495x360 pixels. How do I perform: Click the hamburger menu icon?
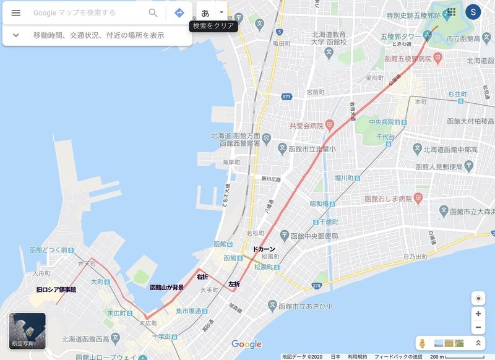[16, 13]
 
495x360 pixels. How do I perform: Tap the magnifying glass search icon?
[153, 13]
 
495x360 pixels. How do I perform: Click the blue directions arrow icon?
[179, 13]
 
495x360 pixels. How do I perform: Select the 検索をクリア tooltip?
[213, 27]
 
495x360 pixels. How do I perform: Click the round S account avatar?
[473, 12]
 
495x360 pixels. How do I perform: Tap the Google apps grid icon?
[450, 12]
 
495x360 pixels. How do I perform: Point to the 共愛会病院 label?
[308, 126]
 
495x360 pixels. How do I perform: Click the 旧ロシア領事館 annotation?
[56, 289]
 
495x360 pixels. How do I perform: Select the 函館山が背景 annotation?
[167, 288]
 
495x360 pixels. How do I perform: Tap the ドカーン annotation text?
[264, 249]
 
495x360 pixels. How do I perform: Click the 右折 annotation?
[202, 276]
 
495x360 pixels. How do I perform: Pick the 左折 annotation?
[234, 285]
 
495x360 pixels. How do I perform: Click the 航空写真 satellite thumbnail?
[27, 331]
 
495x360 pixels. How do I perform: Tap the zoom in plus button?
[478, 314]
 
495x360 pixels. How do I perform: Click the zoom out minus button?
[478, 328]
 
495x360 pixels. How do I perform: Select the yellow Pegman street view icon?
[423, 343]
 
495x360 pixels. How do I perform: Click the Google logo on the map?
[246, 344]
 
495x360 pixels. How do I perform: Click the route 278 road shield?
[316, 286]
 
